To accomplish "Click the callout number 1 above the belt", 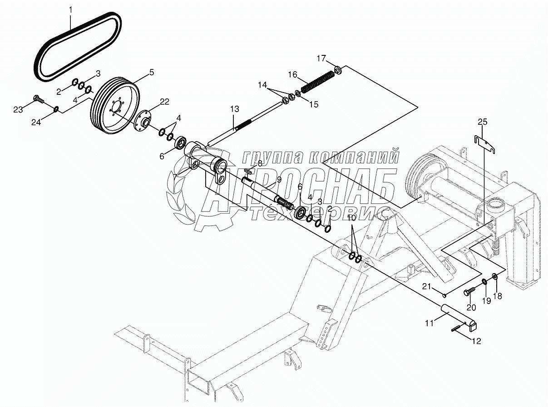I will point(70,9).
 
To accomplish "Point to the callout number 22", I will point(164,102).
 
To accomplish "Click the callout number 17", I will point(321,58).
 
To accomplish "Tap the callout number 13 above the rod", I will point(234,109).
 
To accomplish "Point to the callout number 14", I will point(263,84).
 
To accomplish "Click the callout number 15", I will point(313,104).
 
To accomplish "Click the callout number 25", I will point(483,122).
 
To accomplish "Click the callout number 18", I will point(498,296).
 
